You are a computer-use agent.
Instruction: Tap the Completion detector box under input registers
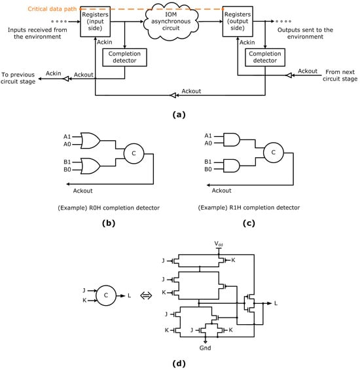coord(124,57)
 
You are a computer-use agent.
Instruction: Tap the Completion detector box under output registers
coord(265,57)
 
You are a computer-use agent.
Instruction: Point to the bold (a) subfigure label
coord(179,113)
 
